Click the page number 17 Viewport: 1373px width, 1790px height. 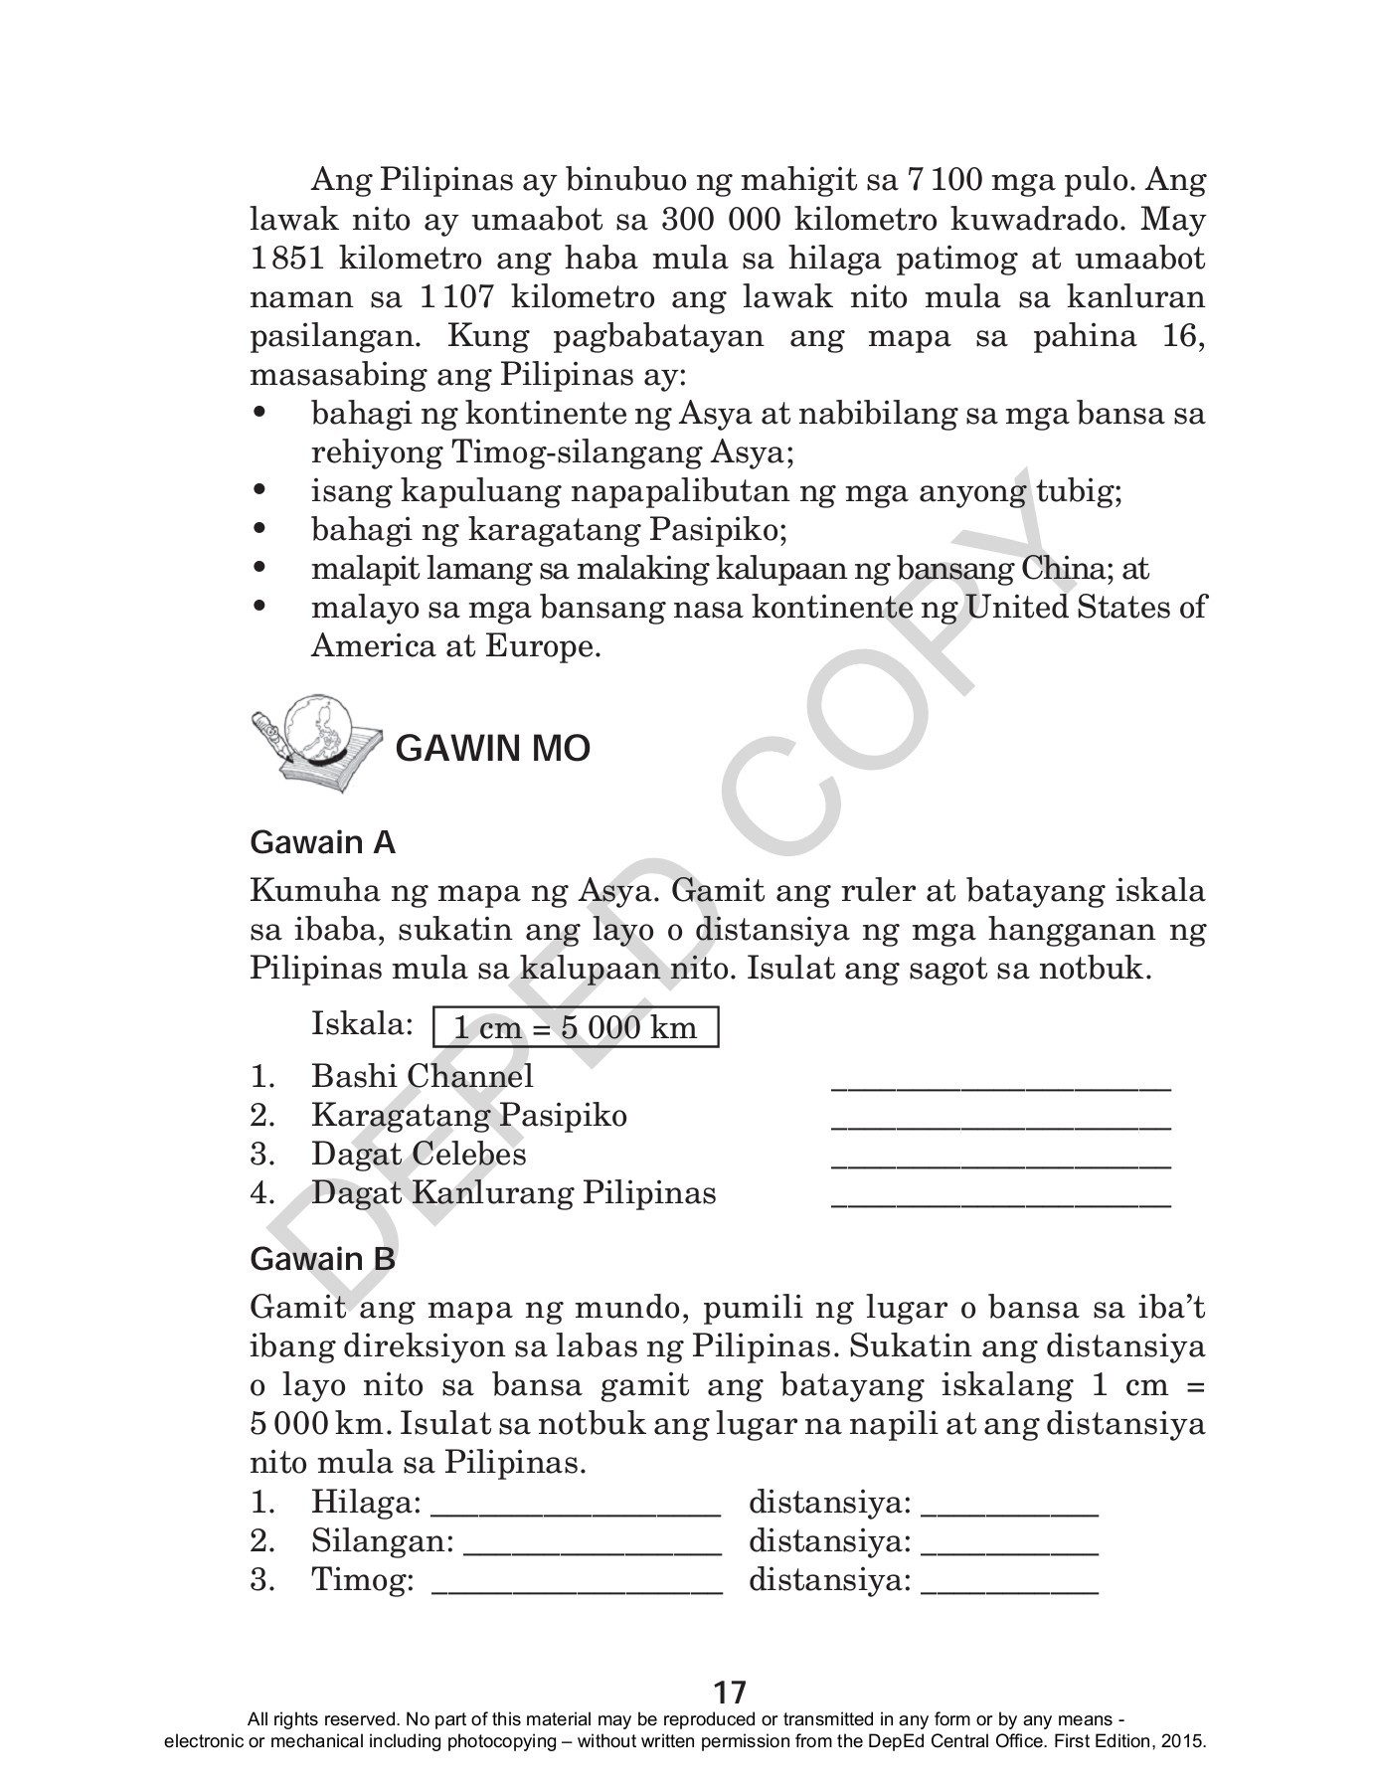730,1692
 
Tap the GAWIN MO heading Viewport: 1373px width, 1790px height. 492,749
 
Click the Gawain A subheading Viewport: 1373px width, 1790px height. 322,843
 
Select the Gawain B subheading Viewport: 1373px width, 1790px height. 322,1259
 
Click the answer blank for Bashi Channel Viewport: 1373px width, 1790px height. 1000,1084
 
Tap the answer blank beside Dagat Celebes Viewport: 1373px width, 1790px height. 1000,1162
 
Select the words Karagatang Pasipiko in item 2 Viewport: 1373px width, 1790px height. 468,1115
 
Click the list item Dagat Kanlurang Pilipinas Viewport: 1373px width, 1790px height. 513,1192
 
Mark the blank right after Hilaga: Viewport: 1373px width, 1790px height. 576,1508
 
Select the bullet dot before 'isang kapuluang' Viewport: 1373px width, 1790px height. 260,490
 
